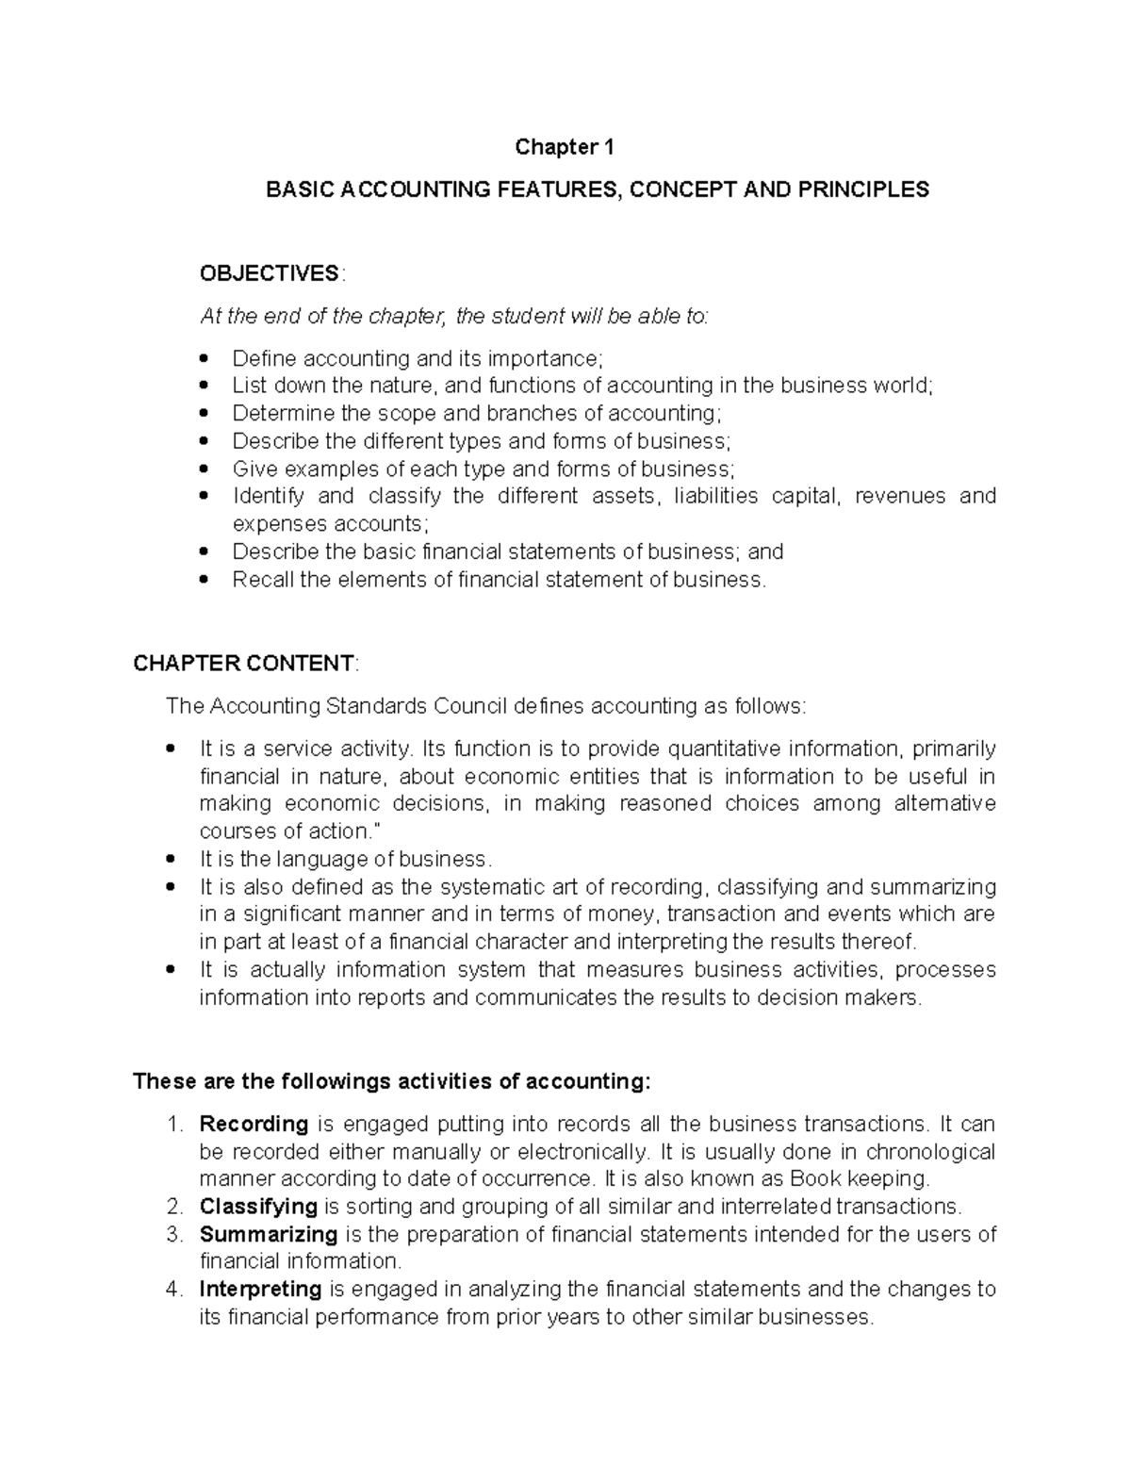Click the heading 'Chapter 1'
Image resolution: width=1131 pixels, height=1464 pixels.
[564, 147]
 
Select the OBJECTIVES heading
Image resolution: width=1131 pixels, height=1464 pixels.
[270, 273]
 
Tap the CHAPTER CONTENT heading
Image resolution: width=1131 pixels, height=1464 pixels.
[243, 664]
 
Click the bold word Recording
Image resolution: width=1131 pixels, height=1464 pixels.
[254, 1124]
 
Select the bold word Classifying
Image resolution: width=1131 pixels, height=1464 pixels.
[257, 1207]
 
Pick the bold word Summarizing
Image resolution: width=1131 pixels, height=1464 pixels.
[268, 1234]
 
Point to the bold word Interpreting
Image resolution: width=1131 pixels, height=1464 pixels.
[260, 1289]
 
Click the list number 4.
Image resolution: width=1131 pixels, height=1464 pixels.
[172, 1289]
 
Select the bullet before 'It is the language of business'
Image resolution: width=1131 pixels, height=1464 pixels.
[170, 860]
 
